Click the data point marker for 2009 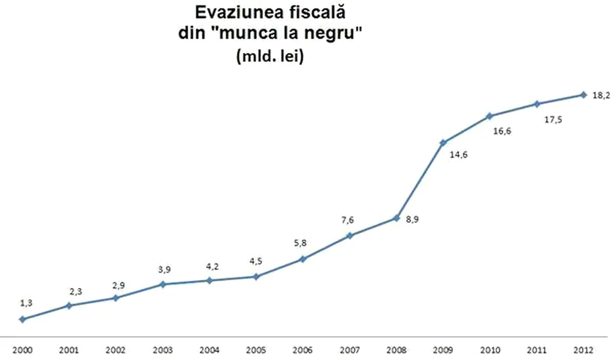pos(443,142)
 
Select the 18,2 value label pos(601,95)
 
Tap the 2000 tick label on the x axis pos(22,350)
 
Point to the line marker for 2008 pos(396,218)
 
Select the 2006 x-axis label pos(303,350)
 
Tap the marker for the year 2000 pos(22,319)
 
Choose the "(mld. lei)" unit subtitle pos(270,56)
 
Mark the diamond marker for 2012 pos(583,95)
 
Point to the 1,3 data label pos(26,303)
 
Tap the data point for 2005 pos(256,277)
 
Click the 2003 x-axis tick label pos(163,350)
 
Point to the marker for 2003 pos(163,284)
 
